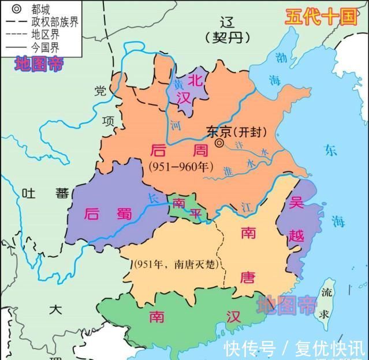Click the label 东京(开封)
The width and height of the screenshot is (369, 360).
237,131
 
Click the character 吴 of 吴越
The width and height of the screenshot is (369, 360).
297,203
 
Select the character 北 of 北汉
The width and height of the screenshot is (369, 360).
197,81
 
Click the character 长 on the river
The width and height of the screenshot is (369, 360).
153,198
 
